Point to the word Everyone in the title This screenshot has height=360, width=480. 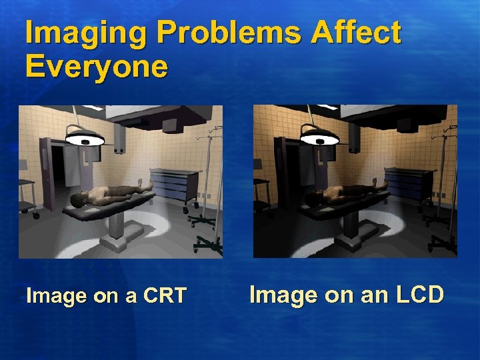pyautogui.click(x=97, y=67)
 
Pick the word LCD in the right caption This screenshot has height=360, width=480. pyautogui.click(x=416, y=295)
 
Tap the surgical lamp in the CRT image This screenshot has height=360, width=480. pyautogui.click(x=85, y=140)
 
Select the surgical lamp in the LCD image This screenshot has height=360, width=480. pyautogui.click(x=320, y=140)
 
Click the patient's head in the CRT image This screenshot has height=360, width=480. pyautogui.click(x=79, y=198)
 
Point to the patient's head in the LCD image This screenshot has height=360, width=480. pyautogui.click(x=314, y=198)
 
